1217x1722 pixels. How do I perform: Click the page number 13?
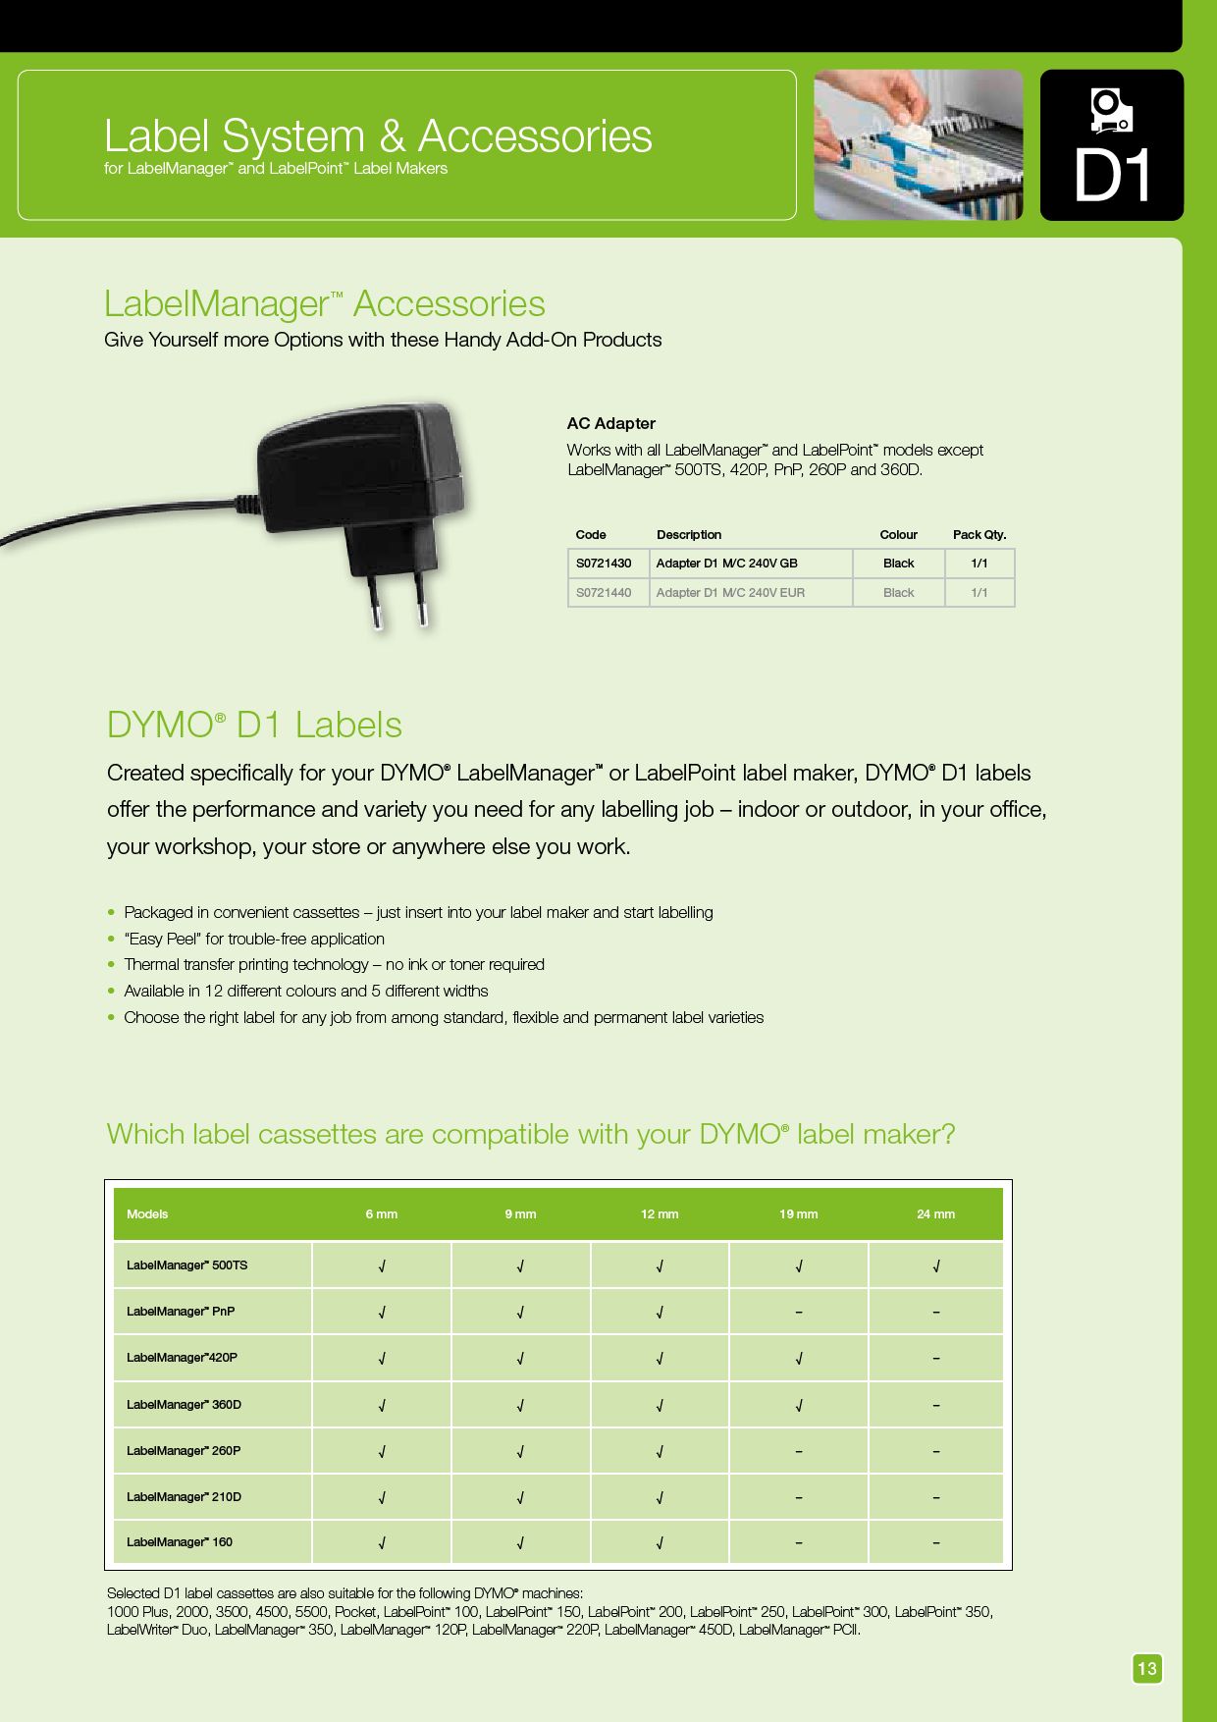1146,1668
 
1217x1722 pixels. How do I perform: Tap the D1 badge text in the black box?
1112,176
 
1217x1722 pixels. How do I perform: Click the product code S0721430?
604,564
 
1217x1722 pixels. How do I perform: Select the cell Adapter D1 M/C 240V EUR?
730,593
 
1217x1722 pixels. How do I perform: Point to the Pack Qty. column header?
979,535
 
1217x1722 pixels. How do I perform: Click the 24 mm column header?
935,1214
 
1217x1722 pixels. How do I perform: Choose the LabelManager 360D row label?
184,1405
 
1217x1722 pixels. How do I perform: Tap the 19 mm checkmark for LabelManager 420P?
799,1359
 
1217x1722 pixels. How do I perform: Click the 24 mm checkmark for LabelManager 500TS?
936,1266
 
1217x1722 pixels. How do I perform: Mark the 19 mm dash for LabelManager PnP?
799,1313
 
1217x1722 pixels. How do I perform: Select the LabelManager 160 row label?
180,1542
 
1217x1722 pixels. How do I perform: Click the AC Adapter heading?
610,423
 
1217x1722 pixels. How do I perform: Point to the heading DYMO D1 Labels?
254,725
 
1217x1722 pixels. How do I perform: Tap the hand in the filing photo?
888,98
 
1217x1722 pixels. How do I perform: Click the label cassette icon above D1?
1111,110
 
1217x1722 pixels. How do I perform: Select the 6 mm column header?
382,1214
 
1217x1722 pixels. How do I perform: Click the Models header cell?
147,1214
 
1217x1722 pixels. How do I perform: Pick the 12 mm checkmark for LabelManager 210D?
660,1498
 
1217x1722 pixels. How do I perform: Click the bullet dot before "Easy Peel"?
112,939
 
